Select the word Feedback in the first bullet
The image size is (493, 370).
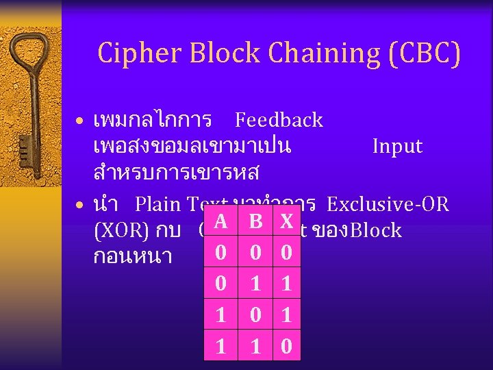click(x=279, y=121)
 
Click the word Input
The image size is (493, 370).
click(x=397, y=147)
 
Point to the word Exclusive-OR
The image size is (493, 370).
click(x=388, y=204)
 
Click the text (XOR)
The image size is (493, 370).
click(x=120, y=230)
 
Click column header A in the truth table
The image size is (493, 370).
click(x=220, y=221)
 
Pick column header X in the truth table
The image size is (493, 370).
click(x=288, y=221)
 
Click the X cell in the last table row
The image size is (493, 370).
click(x=288, y=346)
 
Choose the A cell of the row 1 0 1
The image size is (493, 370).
click(x=220, y=315)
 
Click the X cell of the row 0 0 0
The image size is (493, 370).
click(x=288, y=252)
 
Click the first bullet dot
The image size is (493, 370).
click(x=80, y=123)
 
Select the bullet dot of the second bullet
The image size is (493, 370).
click(x=80, y=206)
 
